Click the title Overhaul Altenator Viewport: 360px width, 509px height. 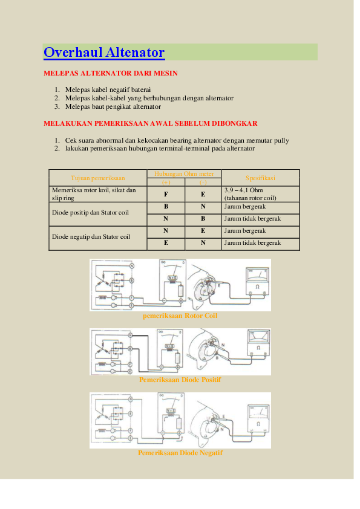[104, 53]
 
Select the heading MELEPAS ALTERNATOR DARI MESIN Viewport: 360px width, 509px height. [110, 73]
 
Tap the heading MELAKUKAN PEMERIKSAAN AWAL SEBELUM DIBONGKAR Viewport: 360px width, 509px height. [151, 123]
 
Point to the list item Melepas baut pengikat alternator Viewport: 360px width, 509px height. [113, 106]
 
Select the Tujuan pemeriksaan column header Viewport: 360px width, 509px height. [97, 178]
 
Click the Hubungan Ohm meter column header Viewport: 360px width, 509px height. [184, 173]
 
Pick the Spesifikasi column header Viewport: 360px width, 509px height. [260, 178]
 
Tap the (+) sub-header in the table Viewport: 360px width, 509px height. [166, 182]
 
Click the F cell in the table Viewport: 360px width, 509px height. [166, 194]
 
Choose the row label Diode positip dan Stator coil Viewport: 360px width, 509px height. [90, 212]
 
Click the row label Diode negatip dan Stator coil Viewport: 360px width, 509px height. [91, 236]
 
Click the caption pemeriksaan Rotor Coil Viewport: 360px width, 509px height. [180, 316]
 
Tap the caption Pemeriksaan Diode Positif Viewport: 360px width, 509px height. [180, 380]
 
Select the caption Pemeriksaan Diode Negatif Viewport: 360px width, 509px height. [180, 453]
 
